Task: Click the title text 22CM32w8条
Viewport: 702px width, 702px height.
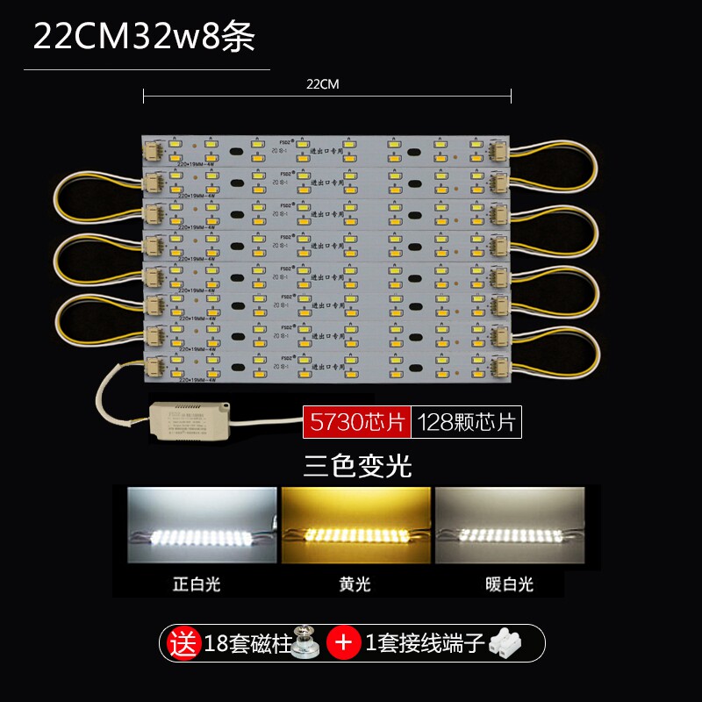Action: pos(144,37)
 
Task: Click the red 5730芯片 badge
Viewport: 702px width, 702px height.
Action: pos(355,422)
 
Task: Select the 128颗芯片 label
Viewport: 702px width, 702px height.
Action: pos(466,422)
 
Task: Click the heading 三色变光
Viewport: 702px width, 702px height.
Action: pos(356,465)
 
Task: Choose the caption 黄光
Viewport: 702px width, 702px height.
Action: pos(355,584)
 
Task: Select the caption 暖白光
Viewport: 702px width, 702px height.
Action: pos(509,584)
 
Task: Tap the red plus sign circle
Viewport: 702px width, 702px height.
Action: pos(344,643)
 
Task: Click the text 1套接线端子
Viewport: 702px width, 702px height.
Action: pos(426,643)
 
